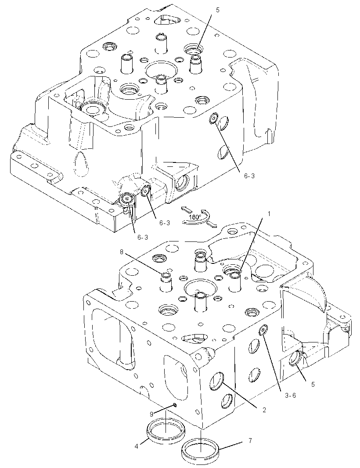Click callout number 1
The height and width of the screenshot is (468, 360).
coord(269,214)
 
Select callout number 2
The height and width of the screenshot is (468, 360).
coord(264,410)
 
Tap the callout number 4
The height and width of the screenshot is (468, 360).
coord(137,446)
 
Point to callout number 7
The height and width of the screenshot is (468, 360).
coord(250,440)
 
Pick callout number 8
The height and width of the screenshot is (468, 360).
coord(122,252)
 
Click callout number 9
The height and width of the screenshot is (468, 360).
coord(151,414)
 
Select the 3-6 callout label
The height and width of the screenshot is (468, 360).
coord(290,395)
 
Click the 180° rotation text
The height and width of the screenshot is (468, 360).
coord(195,217)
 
